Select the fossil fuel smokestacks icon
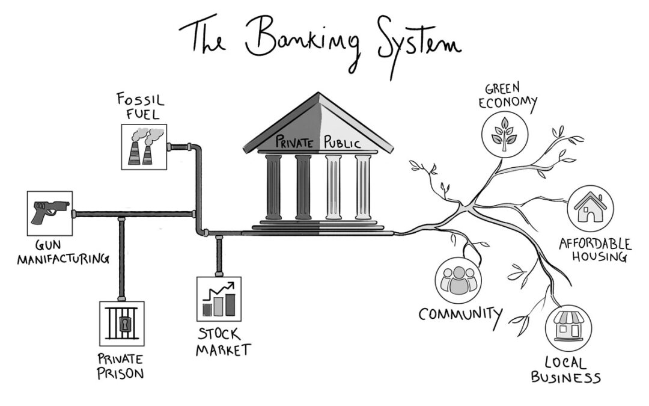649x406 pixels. pyautogui.click(x=144, y=147)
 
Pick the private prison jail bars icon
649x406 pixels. pyautogui.click(x=122, y=324)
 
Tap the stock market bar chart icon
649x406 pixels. pyautogui.click(x=219, y=299)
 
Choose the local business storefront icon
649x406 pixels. pyautogui.click(x=568, y=328)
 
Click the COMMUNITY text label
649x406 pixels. pyautogui.click(x=460, y=314)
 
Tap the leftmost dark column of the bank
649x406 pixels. pyautogui.click(x=273, y=186)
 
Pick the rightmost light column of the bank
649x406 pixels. pyautogui.click(x=362, y=186)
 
